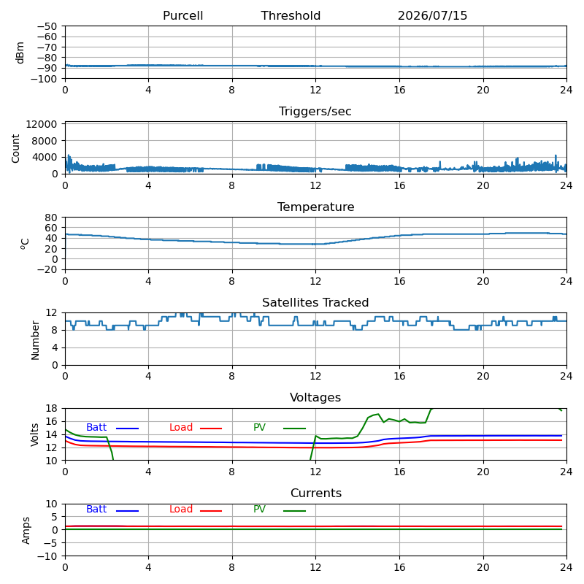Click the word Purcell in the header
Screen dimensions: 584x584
point(183,15)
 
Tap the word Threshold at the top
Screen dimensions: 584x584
point(291,15)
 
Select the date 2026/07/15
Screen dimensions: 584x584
point(432,15)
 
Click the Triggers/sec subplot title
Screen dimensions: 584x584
point(315,112)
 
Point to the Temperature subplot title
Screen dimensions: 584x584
point(316,207)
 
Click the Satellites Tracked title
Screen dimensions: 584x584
point(315,302)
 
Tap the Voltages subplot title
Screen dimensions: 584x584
point(315,397)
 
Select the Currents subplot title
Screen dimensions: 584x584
point(316,493)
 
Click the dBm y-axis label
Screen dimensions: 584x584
point(20,53)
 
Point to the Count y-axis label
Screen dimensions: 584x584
point(15,148)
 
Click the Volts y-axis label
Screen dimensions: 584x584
point(34,434)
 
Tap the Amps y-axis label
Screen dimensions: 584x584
point(26,531)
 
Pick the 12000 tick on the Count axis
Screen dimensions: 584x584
point(42,124)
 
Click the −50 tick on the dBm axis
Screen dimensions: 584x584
point(47,26)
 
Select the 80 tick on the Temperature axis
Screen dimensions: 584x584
point(51,218)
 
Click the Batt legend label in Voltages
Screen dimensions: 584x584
point(96,427)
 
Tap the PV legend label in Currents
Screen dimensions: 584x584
point(259,509)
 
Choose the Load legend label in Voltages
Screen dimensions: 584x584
point(181,427)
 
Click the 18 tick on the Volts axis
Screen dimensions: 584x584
point(51,408)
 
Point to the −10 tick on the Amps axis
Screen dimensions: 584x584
point(47,556)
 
